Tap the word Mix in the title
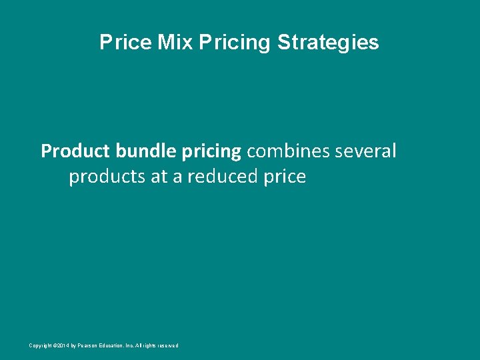point(175,43)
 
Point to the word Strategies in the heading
point(328,43)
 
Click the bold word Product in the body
point(75,151)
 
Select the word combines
point(289,151)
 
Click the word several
point(367,151)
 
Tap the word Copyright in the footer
point(40,345)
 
